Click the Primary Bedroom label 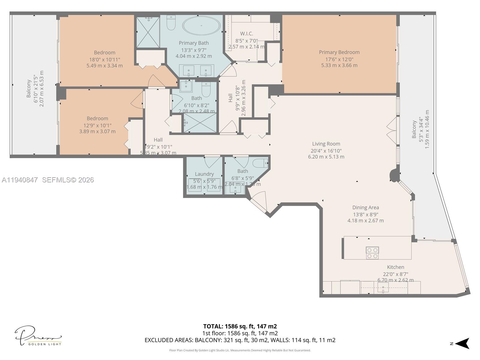339,52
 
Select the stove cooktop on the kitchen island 372,253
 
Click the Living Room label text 326,144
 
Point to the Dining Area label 365,207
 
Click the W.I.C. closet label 246,34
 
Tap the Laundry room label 204,174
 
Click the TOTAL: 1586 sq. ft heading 240,326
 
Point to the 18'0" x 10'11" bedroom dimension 104,59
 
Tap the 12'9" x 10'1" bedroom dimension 97,125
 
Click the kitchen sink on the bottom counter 383,287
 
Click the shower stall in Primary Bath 148,32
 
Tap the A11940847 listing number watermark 20,180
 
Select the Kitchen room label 395,267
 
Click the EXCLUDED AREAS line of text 240,340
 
